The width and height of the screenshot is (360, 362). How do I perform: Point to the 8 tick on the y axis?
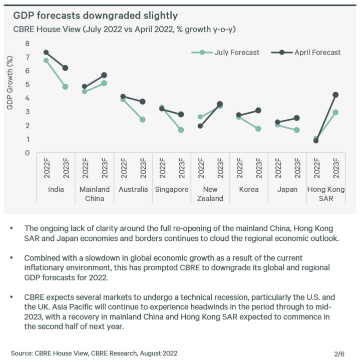(x=28, y=44)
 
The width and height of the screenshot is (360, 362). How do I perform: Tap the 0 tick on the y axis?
(x=28, y=153)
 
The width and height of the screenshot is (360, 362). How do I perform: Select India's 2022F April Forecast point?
(x=46, y=53)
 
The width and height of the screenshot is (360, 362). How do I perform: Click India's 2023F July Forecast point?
(x=65, y=87)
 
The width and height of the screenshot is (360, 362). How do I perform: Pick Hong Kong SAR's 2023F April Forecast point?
(x=335, y=95)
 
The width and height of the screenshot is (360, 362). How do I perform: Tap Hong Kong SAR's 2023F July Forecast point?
(x=335, y=112)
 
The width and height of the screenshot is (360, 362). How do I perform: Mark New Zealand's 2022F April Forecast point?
(x=200, y=126)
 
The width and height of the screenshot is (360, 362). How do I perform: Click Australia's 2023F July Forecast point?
(x=143, y=120)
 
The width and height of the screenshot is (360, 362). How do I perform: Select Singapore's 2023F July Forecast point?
(x=181, y=130)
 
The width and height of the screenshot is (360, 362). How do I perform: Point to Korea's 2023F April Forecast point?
(x=258, y=110)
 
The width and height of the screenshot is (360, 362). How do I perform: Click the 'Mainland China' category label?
(x=95, y=194)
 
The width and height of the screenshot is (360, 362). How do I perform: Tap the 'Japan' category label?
(x=287, y=190)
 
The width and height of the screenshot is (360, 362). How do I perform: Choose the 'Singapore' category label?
(x=172, y=190)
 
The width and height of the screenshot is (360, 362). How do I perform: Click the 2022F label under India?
(x=46, y=170)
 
